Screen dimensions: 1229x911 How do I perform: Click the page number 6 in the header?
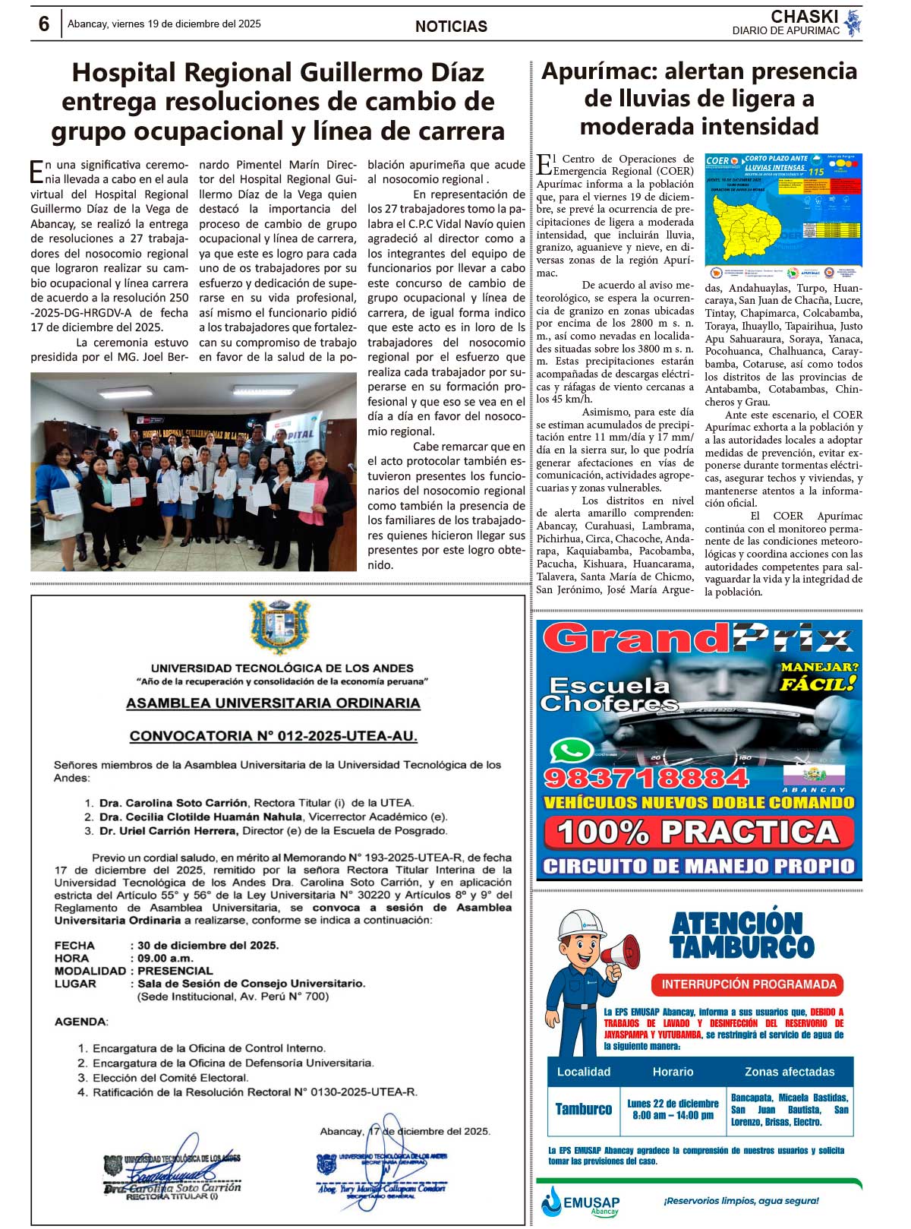pyautogui.click(x=44, y=24)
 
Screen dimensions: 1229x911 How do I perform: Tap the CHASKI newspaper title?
pyautogui.click(x=804, y=17)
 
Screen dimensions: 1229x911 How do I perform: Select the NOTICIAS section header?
pyautogui.click(x=451, y=27)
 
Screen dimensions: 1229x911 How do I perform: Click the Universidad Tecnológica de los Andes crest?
pyautogui.click(x=280, y=626)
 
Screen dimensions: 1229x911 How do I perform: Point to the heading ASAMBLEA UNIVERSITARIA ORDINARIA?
pyautogui.click(x=273, y=703)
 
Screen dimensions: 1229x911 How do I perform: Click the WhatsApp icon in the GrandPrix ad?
pyautogui.click(x=572, y=751)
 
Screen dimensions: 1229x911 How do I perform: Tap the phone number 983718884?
pyautogui.click(x=646, y=778)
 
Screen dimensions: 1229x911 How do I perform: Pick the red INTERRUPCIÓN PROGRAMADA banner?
pyautogui.click(x=748, y=984)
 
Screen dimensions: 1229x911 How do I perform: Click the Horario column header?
pyautogui.click(x=673, y=1072)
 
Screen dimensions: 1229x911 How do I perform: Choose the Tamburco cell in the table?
pyautogui.click(x=583, y=1109)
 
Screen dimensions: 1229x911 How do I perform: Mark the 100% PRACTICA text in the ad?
pyautogui.click(x=698, y=832)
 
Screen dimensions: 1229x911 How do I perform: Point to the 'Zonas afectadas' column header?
pyautogui.click(x=789, y=1072)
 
